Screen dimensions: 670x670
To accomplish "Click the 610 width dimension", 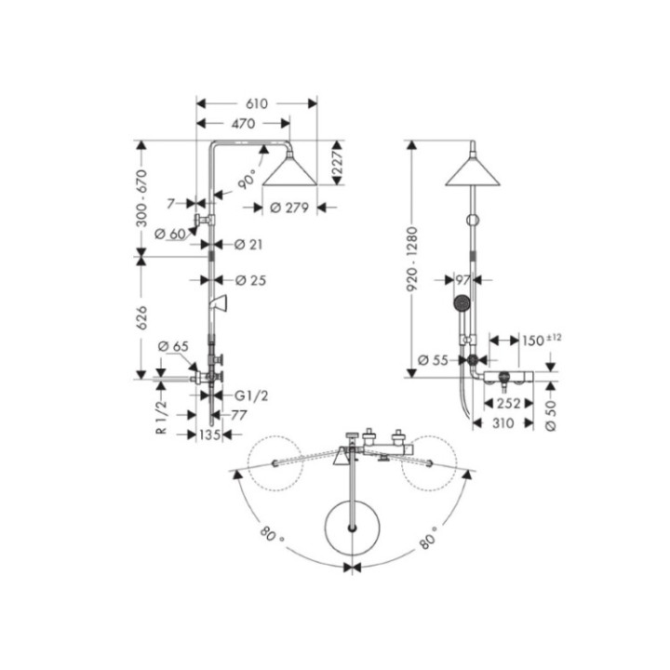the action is click(x=257, y=103).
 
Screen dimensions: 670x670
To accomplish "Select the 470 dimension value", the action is click(x=243, y=124).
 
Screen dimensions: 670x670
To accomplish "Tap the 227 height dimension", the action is click(x=338, y=163).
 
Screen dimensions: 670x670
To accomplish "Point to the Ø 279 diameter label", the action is click(x=289, y=208).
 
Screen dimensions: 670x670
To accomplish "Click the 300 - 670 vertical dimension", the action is click(x=141, y=198).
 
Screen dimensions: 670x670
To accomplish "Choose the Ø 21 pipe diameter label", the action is click(x=248, y=245).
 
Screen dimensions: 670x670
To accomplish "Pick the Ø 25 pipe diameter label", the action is click(x=250, y=280).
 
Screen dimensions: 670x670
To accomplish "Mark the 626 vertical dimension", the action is click(x=141, y=317).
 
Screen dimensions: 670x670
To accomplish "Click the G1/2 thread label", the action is click(x=251, y=396).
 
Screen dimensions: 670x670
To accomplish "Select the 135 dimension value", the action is click(x=209, y=435).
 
